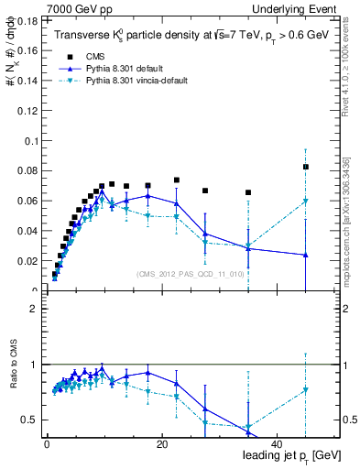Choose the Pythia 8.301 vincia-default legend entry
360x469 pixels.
point(137,80)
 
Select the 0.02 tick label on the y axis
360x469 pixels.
point(28,261)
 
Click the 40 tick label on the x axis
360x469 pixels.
point(278,443)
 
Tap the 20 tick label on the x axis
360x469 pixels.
point(162,443)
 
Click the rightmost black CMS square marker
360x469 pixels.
point(306,167)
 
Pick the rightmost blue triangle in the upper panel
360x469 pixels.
point(306,255)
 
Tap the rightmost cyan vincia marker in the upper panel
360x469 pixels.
point(306,201)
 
